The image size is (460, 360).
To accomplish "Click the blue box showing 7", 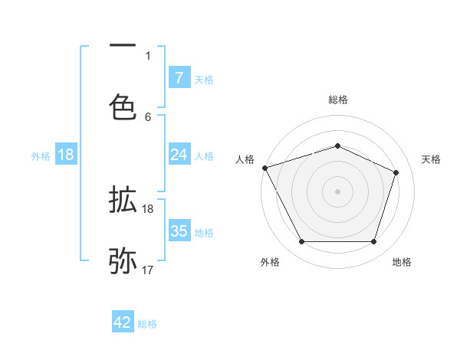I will [179, 77].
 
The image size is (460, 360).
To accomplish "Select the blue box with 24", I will [179, 155].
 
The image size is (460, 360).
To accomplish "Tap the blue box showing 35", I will [179, 231].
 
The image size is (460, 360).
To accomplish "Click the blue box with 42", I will [123, 322].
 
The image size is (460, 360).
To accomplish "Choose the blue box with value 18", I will [66, 155].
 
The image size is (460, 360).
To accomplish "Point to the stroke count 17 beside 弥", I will [148, 270].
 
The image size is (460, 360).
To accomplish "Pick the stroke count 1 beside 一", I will [148, 55].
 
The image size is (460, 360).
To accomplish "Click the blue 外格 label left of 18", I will [41, 155].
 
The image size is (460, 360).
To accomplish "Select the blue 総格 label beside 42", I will [147, 324].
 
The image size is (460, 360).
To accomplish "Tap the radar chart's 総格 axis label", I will [338, 100].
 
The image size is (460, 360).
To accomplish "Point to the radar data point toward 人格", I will [264, 167].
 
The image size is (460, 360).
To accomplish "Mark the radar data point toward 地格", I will [373, 242].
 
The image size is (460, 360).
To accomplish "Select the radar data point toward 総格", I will [337, 146].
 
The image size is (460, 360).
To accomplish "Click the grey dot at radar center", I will [337, 191].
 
